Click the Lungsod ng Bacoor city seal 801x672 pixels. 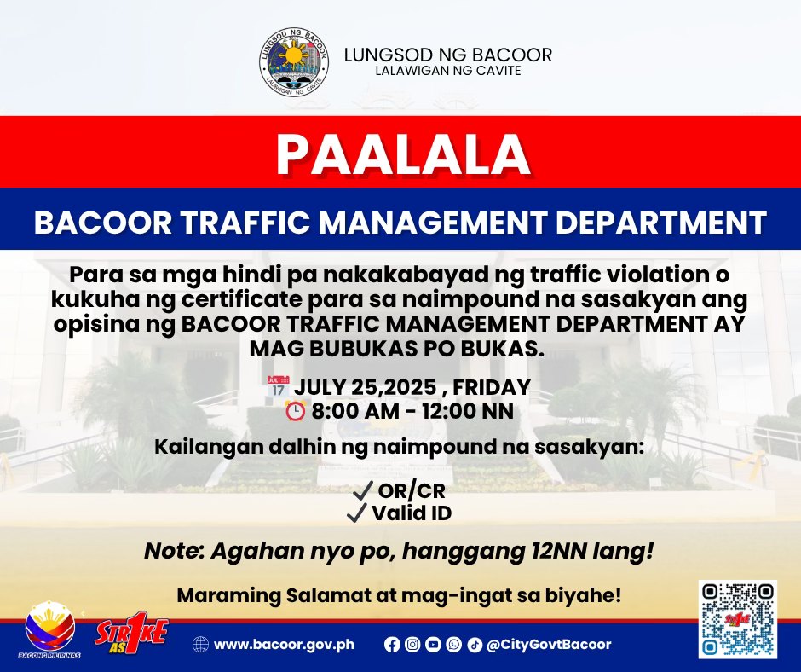click(x=294, y=62)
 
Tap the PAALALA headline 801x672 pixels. click(x=403, y=155)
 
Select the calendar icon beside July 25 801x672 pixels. click(x=279, y=386)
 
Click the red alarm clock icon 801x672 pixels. click(x=296, y=411)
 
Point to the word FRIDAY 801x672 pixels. click(x=492, y=387)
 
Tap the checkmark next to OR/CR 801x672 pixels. click(x=363, y=490)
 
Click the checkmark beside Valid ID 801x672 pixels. click(x=356, y=513)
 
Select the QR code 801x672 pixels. click(x=738, y=619)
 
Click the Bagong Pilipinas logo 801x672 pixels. click(x=50, y=629)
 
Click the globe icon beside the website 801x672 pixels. click(x=200, y=645)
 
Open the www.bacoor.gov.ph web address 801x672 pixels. click(x=284, y=645)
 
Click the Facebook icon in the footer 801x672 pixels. click(x=392, y=645)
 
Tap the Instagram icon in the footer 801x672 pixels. click(x=412, y=645)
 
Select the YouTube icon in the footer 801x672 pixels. click(x=433, y=645)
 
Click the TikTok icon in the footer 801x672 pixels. click(x=475, y=645)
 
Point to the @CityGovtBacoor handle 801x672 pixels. click(x=549, y=645)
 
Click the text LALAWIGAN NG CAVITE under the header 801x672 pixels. click(x=448, y=71)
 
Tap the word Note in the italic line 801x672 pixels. click(x=173, y=551)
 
